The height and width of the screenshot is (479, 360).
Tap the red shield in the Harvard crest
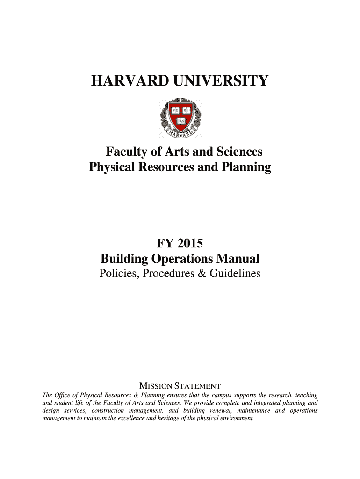pos(180,116)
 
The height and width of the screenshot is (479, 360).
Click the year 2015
pos(189,244)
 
